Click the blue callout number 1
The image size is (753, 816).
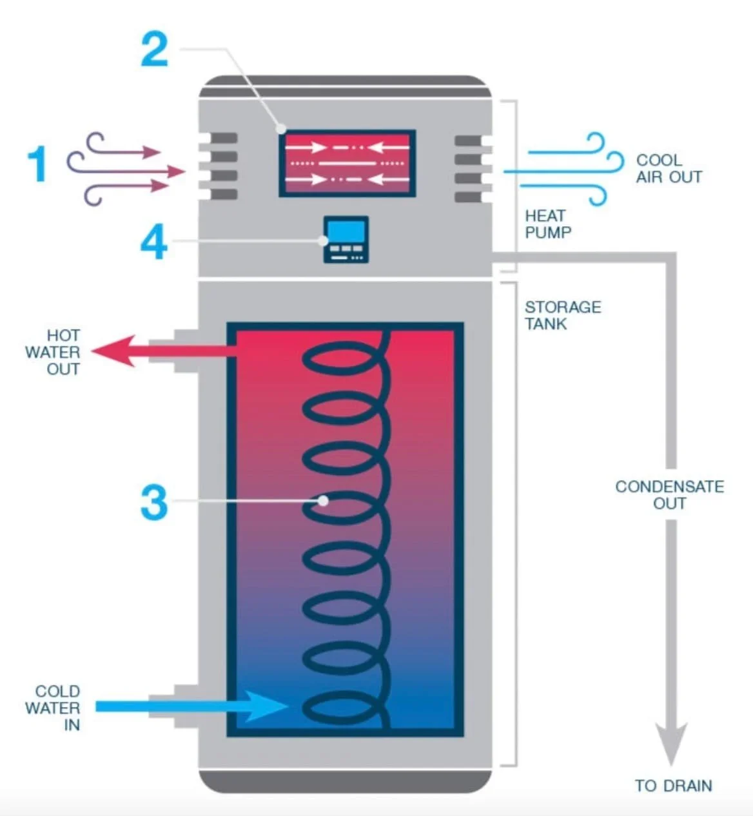[37, 164]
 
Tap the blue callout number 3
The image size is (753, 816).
[154, 503]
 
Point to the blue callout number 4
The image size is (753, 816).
[154, 243]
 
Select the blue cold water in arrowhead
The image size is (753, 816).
[264, 706]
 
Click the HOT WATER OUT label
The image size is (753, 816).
[53, 353]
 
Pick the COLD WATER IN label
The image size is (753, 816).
[54, 708]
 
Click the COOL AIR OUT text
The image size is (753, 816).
[669, 169]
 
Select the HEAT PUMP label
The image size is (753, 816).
[547, 224]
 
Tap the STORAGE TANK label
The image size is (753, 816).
[562, 315]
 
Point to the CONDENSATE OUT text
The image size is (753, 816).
[669, 495]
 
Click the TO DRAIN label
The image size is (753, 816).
[673, 786]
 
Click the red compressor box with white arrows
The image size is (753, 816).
[347, 164]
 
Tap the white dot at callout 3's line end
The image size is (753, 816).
[324, 500]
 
